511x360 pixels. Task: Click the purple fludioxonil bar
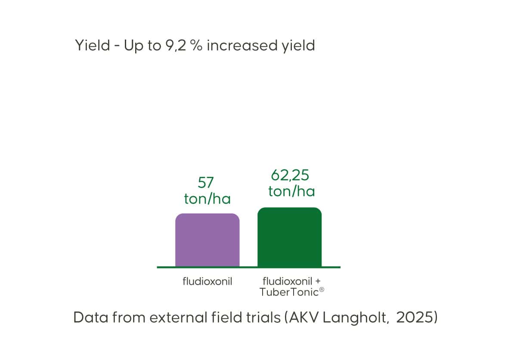207,240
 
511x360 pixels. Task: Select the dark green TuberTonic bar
289,237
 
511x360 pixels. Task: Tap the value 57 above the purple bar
206,183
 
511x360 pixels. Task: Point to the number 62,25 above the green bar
290,175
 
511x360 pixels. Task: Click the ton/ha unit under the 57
207,199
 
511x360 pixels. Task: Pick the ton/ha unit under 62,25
292,191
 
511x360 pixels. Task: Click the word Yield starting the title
93,45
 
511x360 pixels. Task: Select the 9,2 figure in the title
176,46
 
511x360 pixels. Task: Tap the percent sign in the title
196,46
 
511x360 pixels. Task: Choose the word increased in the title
242,45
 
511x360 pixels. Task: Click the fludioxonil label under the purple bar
207,281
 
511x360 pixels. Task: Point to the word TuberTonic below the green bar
289,292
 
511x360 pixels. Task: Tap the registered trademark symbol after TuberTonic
322,289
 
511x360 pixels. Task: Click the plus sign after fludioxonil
318,281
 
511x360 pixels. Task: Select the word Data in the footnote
90,317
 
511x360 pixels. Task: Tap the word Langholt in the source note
356,318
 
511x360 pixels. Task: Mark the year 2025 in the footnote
415,317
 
